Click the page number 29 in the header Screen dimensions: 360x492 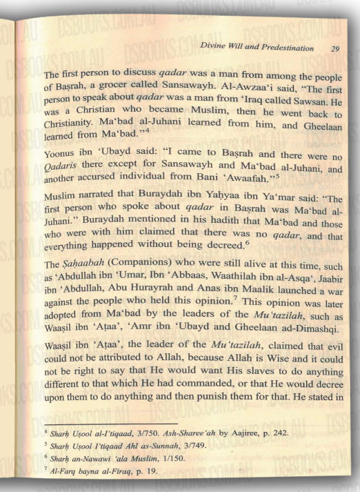335,49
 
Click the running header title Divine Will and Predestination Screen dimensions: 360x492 255,49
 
